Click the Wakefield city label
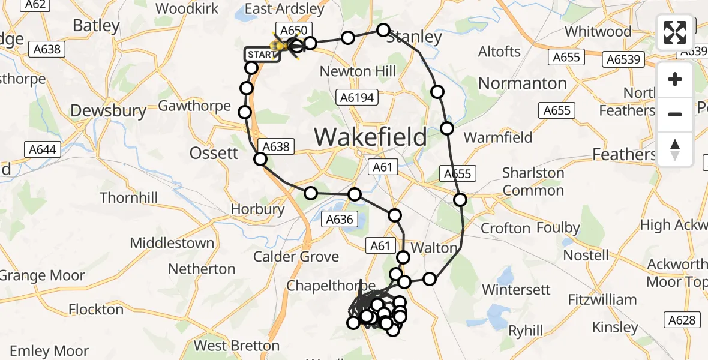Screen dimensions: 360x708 click(x=370, y=137)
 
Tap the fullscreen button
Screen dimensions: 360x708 click(x=675, y=32)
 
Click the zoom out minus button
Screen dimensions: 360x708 click(x=675, y=114)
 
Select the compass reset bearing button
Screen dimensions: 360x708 click(x=675, y=149)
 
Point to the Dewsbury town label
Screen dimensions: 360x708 click(x=108, y=111)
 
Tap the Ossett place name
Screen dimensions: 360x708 click(x=214, y=153)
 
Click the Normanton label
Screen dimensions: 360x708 click(x=522, y=83)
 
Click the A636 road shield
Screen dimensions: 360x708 click(x=340, y=219)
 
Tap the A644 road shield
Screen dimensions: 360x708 click(x=42, y=149)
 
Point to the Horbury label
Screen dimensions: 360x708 click(x=258, y=209)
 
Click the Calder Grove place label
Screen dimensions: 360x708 click(x=296, y=257)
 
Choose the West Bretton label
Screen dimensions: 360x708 click(x=236, y=346)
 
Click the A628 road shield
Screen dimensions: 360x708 click(x=682, y=320)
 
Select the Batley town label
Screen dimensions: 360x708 click(x=96, y=26)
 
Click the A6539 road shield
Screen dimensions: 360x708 click(x=625, y=59)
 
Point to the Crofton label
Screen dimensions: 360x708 click(x=505, y=229)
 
